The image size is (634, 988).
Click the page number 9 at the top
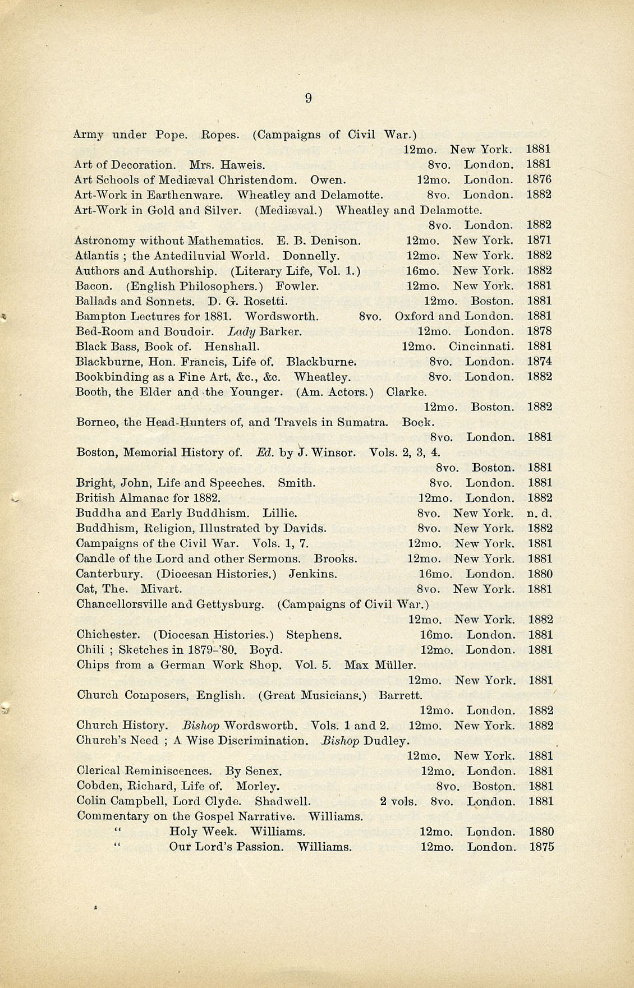tap(308, 99)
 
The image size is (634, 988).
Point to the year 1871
tap(539, 241)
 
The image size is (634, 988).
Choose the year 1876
tap(539, 180)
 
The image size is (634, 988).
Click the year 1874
tap(539, 362)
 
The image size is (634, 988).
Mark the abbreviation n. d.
tap(540, 513)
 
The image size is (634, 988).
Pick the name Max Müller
tap(380, 665)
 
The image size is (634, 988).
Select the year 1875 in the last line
tap(541, 847)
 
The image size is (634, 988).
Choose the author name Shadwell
tap(282, 801)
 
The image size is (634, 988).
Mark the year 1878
tap(539, 331)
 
